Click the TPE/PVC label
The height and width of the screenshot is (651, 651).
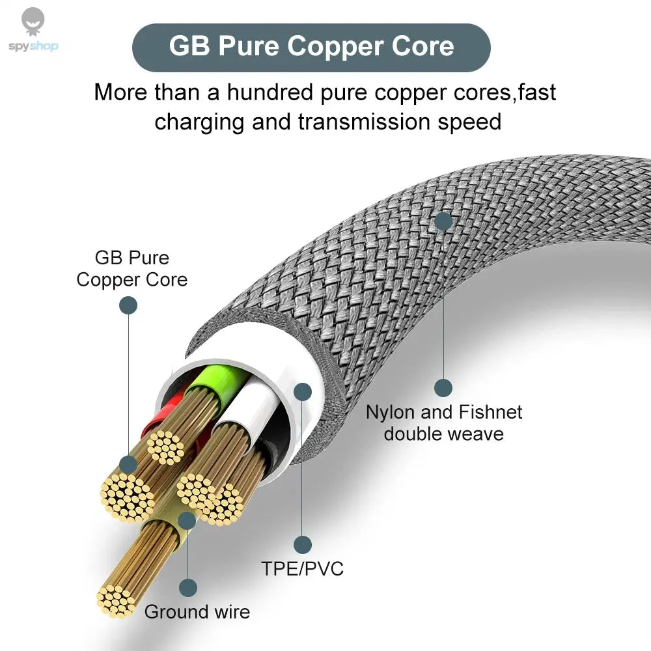click(x=302, y=568)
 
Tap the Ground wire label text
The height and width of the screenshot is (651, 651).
click(x=197, y=612)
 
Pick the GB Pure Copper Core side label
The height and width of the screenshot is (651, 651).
click(x=132, y=268)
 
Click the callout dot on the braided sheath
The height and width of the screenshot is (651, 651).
click(x=443, y=221)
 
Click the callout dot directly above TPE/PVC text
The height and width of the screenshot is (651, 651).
click(x=302, y=544)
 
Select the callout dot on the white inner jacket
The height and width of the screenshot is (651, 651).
click(x=302, y=391)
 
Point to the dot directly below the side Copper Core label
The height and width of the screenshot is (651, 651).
click(x=128, y=305)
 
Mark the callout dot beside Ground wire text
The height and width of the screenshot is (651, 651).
click(x=188, y=588)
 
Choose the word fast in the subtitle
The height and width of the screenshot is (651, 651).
click(x=537, y=92)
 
